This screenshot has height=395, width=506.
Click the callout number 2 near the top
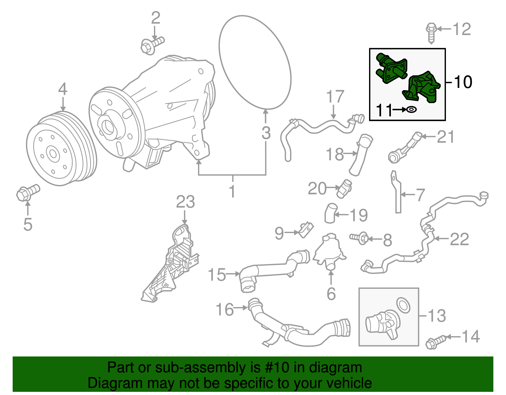[x=155, y=18]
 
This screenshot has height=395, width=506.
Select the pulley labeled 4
[x=60, y=149]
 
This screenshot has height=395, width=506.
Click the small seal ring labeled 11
[x=411, y=110]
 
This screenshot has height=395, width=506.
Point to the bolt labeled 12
[x=431, y=32]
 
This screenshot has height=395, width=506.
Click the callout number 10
[x=463, y=82]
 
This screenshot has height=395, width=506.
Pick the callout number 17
[x=335, y=97]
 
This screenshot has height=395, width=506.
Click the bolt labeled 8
[x=360, y=238]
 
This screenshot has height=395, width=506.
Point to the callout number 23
[x=185, y=202]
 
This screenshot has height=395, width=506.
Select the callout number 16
[x=225, y=310]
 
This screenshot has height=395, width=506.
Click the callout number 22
[x=459, y=239]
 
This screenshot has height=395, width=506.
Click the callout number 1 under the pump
[x=232, y=191]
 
